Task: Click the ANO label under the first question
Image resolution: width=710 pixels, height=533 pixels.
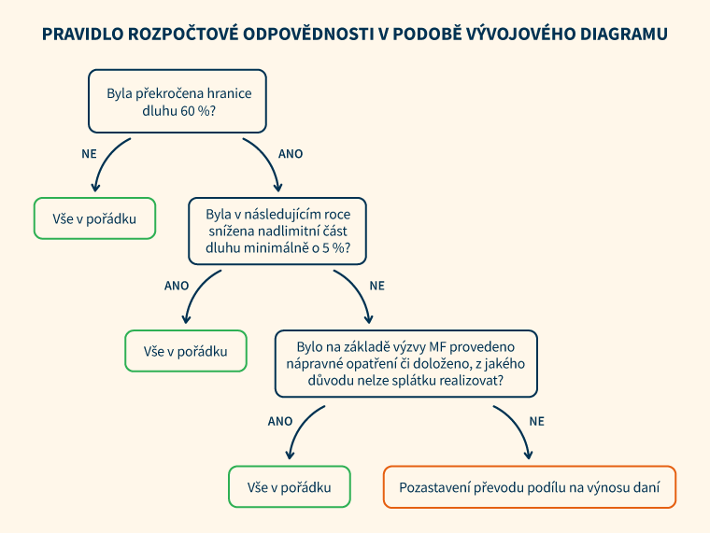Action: click(x=291, y=153)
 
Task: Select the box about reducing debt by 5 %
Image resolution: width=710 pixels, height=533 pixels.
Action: click(x=277, y=231)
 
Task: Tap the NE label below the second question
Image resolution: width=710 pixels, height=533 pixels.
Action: click(x=377, y=285)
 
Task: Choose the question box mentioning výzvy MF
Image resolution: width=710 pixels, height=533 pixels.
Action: click(x=405, y=363)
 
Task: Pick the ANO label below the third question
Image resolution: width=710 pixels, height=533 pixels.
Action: click(x=280, y=421)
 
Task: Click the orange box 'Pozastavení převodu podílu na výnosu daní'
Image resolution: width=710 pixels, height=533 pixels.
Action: click(x=529, y=487)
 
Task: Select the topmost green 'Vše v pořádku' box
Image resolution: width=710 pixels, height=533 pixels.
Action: click(x=94, y=218)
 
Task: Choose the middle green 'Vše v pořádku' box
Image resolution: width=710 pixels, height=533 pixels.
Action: click(x=186, y=351)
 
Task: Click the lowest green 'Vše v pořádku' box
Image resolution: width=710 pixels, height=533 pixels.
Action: click(x=290, y=487)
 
